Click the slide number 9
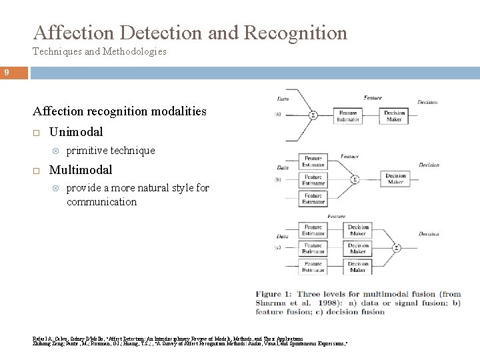[x=5, y=73]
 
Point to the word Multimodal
[x=81, y=171]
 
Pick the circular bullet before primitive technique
[x=55, y=151]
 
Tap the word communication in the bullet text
[x=101, y=201]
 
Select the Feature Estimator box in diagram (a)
[x=348, y=116]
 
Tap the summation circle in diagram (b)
[x=355, y=179]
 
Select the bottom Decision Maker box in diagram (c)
[x=359, y=267]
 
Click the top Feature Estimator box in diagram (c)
[x=313, y=230]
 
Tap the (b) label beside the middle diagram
[x=277, y=180]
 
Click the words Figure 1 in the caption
[x=274, y=294]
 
